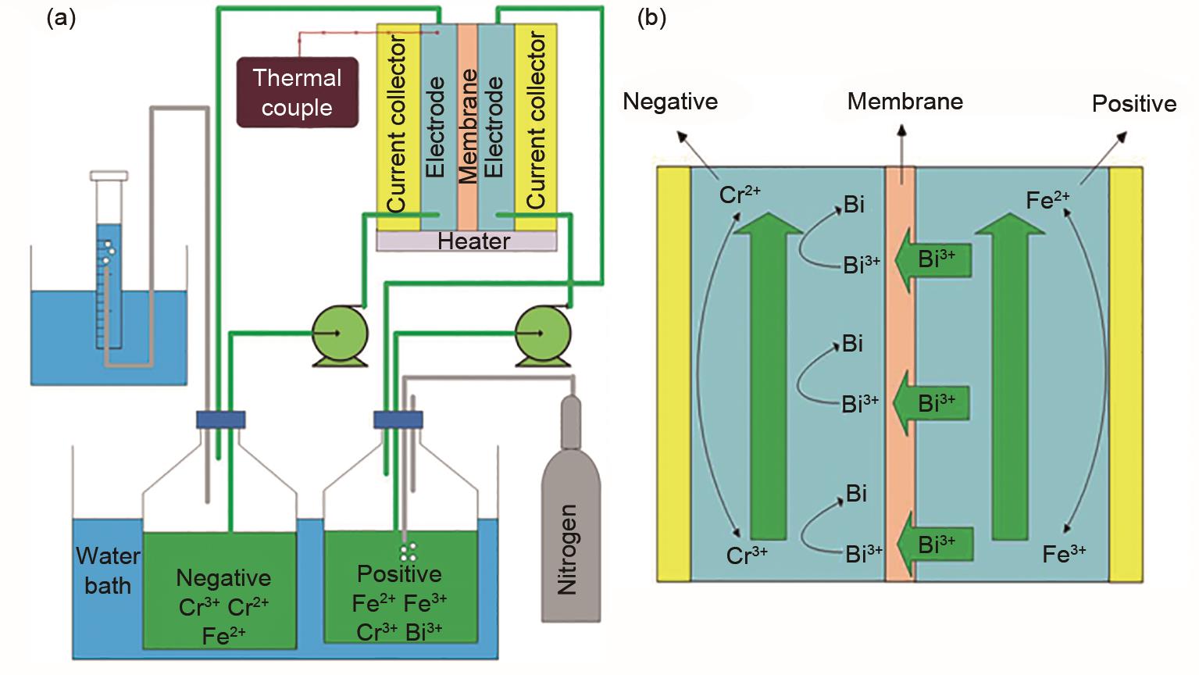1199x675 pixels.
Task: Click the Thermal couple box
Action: coord(297,92)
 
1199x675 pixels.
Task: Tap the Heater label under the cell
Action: coord(473,241)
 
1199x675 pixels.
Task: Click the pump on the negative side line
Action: coord(339,334)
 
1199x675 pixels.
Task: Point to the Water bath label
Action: coord(108,570)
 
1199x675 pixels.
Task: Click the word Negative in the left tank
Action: coord(223,578)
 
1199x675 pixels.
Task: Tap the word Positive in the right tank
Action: coord(399,574)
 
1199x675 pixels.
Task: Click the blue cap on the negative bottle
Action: coord(221,420)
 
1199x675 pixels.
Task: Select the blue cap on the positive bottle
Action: coord(398,420)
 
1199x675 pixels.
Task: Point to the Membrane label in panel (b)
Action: coord(905,102)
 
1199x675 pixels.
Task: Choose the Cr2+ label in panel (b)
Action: coord(739,195)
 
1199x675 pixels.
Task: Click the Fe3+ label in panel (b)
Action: coord(1064,554)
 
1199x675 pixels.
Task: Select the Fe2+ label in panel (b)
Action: coord(1047,200)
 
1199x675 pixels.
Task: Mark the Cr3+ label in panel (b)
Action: coord(747,555)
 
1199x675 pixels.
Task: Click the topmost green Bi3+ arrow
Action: coord(934,259)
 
